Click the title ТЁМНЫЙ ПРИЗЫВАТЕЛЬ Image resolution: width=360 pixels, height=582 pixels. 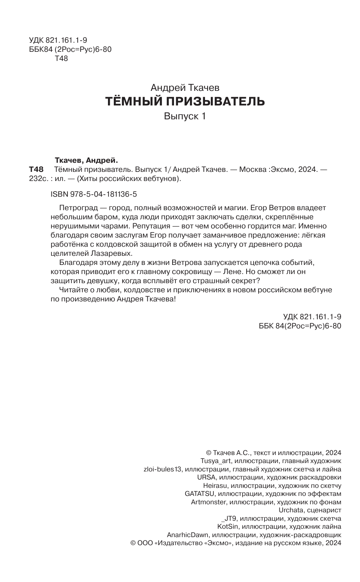click(185, 101)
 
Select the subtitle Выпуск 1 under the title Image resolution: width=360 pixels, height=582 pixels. click(185, 116)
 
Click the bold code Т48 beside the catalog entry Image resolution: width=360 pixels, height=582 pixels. click(36, 170)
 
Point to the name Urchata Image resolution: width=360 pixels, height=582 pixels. click(290, 510)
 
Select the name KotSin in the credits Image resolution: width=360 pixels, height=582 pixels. click(227, 527)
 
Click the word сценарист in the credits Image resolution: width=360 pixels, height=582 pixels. click(324, 510)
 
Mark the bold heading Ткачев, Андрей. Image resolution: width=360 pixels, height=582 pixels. click(86, 160)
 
